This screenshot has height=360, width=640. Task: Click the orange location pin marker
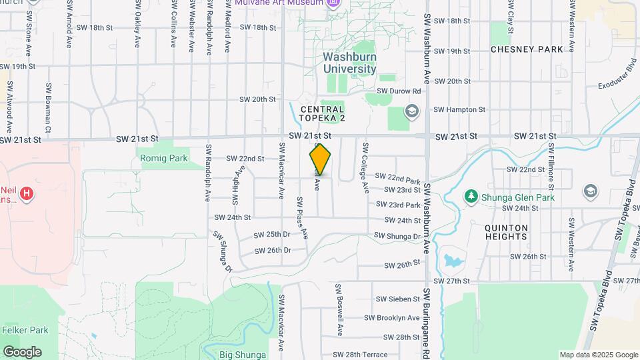pyautogui.click(x=320, y=159)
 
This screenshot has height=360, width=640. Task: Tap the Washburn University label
pyautogui.click(x=350, y=63)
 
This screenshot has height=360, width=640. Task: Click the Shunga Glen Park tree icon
pyautogui.click(x=471, y=195)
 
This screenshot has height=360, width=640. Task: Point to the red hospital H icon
pyautogui.click(x=26, y=194)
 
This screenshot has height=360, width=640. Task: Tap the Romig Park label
pyautogui.click(x=164, y=158)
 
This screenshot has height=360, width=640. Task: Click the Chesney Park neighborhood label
pyautogui.click(x=527, y=49)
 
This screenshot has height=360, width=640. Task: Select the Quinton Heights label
pyautogui.click(x=507, y=233)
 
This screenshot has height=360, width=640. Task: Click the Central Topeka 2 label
pyautogui.click(x=323, y=114)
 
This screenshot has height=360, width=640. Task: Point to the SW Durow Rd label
pyautogui.click(x=399, y=91)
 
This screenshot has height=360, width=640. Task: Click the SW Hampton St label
pyautogui.click(x=459, y=109)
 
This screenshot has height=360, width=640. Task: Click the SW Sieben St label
pyautogui.click(x=398, y=299)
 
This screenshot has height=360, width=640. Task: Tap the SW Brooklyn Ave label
pyautogui.click(x=398, y=318)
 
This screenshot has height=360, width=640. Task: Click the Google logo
pyautogui.click(x=22, y=351)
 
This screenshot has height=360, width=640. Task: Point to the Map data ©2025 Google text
pyautogui.click(x=598, y=355)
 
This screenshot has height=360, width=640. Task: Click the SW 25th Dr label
pyautogui.click(x=273, y=235)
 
